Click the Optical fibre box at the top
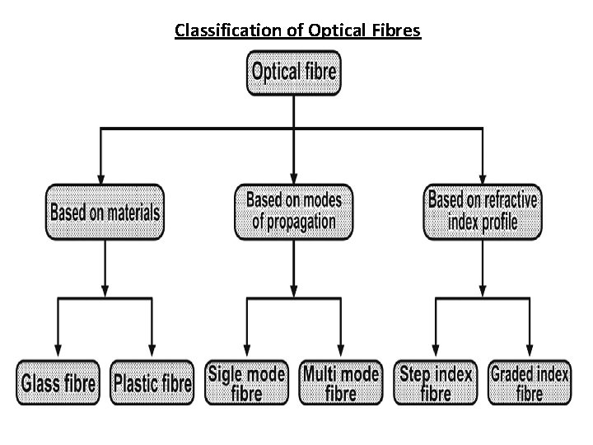coord(293,73)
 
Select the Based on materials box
coord(105,212)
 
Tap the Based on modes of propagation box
coord(293,210)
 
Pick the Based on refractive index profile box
coord(483,211)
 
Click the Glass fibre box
coord(58,383)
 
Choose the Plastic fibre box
coord(152,383)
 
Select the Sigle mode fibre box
coord(246,383)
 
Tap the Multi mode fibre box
coord(341,383)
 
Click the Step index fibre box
coord(436,383)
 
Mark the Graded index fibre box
coord(530,383)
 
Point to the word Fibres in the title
coord(397,31)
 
